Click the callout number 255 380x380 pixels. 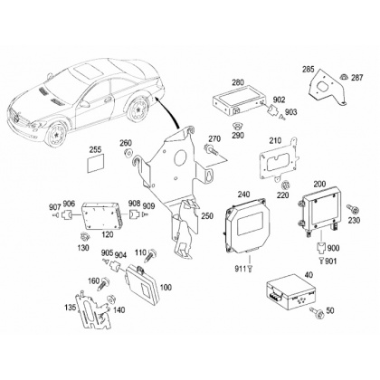[95, 149]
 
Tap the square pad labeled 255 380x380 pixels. [95, 163]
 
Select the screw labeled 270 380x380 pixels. [210, 148]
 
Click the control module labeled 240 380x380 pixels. [245, 225]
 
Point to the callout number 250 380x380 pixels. [207, 216]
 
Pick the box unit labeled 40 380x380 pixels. [290, 290]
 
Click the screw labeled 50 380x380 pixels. [316, 313]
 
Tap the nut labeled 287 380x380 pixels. [344, 77]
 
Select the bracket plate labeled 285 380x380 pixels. [328, 87]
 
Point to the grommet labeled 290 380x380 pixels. [237, 126]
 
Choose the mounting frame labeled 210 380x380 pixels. [280, 161]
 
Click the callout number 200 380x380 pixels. [319, 184]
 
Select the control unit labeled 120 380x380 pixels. [102, 214]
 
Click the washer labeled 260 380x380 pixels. [128, 152]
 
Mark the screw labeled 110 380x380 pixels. [150, 255]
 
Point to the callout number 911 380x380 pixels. [241, 269]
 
